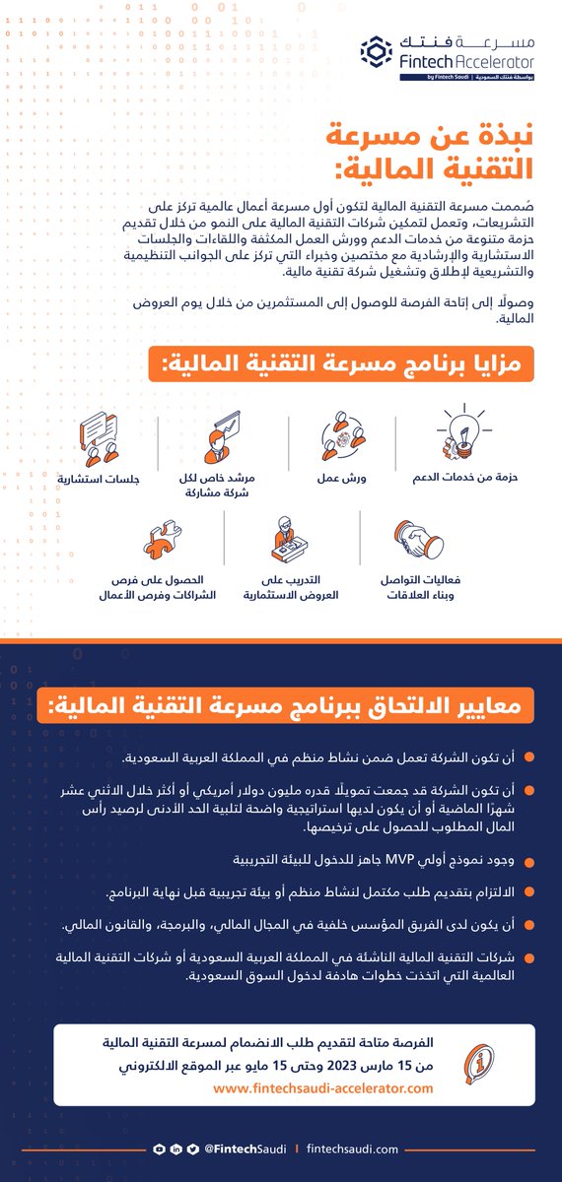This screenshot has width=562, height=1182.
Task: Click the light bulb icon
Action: click(464, 438)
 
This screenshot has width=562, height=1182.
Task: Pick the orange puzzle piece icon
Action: click(162, 543)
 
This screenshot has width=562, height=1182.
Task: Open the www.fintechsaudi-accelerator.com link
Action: click(323, 1088)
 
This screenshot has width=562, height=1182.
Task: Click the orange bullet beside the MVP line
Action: click(529, 861)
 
